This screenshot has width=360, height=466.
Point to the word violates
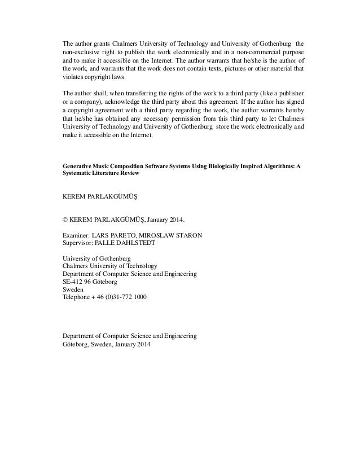[x=73, y=78]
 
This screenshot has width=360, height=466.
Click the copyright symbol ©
[x=65, y=218]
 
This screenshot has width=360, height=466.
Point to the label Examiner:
[x=78, y=236]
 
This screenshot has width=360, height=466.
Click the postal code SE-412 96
[x=77, y=280]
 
